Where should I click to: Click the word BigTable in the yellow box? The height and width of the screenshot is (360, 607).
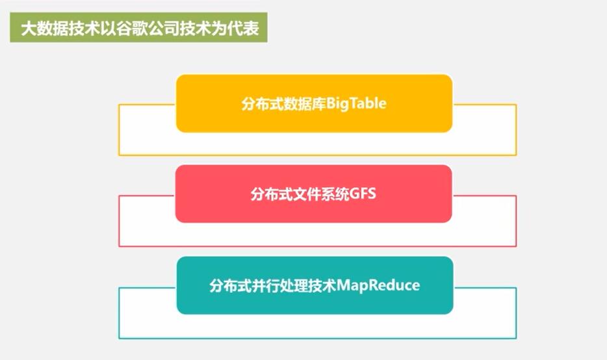coord(356,103)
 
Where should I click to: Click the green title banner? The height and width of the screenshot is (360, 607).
coord(139,29)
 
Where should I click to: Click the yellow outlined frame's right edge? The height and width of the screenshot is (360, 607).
coord(516,130)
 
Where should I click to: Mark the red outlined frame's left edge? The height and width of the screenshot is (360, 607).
coord(119,221)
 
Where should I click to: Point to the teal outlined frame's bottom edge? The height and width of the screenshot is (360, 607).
coord(317,339)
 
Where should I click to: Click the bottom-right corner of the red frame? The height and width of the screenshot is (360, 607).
coord(516,246)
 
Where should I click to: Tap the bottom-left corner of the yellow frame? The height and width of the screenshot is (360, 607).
coord(119,155)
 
